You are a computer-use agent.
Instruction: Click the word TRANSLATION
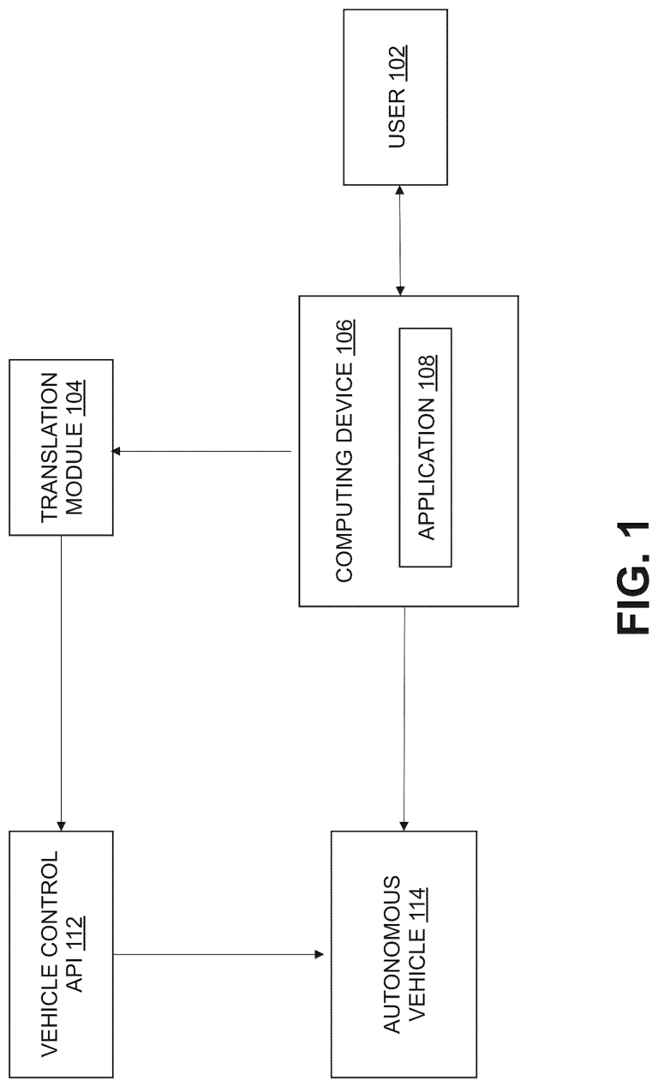click(x=51, y=447)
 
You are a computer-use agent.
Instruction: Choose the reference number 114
click(x=416, y=904)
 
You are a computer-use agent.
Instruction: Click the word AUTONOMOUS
click(x=392, y=955)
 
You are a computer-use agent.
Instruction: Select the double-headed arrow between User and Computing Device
click(x=400, y=240)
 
